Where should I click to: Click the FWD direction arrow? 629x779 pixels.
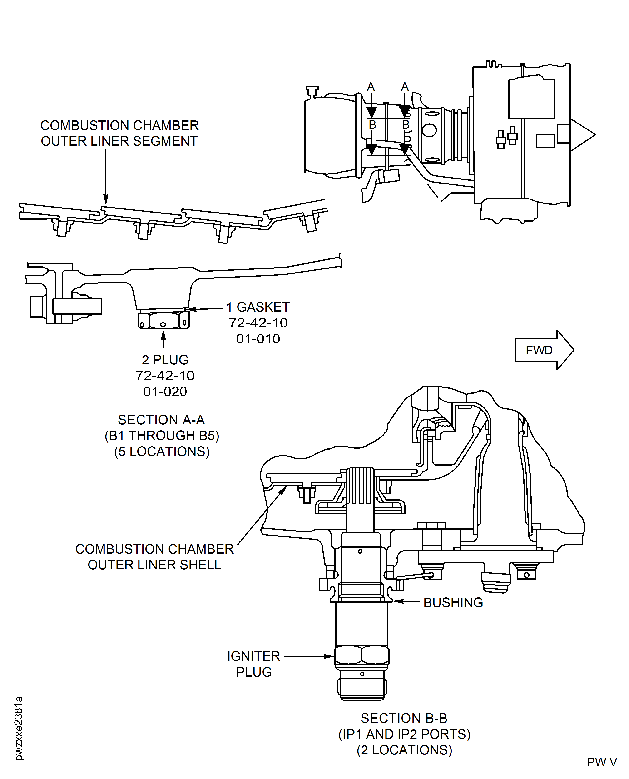coord(544,350)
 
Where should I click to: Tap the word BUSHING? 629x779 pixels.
coord(453,603)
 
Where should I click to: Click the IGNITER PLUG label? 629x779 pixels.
coord(254,664)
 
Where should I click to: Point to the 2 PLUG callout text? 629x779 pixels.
coord(165,360)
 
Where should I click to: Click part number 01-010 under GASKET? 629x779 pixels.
coord(258,339)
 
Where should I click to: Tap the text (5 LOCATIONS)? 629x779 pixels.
coord(162,452)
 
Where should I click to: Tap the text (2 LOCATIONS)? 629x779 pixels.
coord(404,750)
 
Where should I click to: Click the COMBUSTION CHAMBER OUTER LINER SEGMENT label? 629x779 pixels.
coord(119,133)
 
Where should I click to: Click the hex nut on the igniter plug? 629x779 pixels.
coord(361,655)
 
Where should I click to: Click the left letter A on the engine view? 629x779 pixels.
coord(371,87)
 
